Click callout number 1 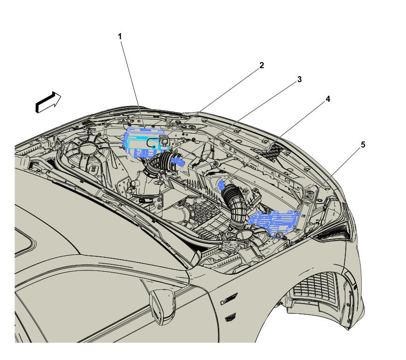[x=119, y=36]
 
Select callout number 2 [x=262, y=65]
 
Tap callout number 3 [x=299, y=79]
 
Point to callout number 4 [x=328, y=99]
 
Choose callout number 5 [x=363, y=145]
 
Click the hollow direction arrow [x=49, y=102]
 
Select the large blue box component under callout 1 [x=145, y=142]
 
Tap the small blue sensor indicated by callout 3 [x=178, y=161]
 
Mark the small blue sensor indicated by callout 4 [x=222, y=185]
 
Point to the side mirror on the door [x=162, y=306]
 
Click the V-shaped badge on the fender [x=229, y=299]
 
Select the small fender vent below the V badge [x=230, y=318]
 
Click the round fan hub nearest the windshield [x=88, y=148]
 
